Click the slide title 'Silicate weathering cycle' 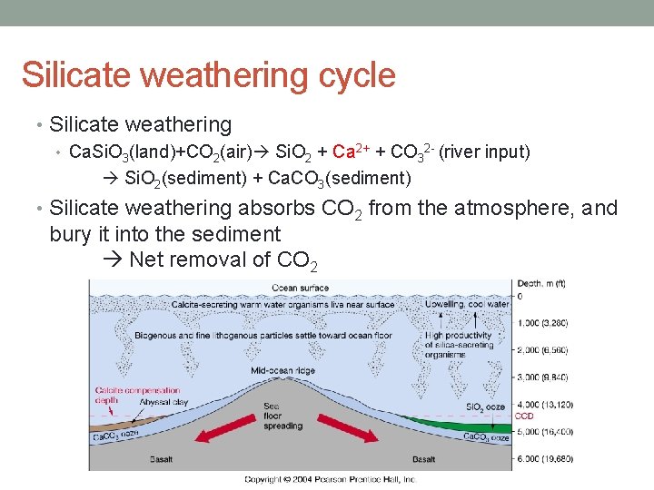coord(208,75)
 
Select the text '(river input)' coord(485,152)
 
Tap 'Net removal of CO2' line coord(223,260)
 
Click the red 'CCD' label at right coord(524,416)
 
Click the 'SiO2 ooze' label coord(487,407)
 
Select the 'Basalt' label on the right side coord(426,459)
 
